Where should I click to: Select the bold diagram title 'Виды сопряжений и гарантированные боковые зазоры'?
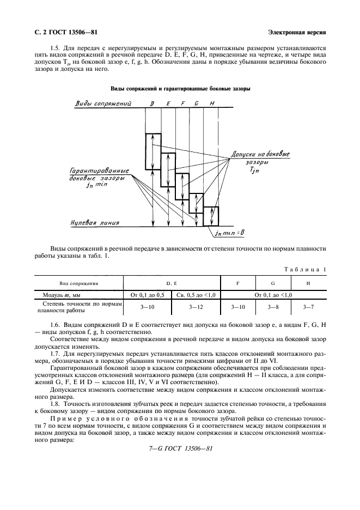180,88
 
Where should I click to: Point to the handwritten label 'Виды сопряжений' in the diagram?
101,104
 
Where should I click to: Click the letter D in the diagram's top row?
152,104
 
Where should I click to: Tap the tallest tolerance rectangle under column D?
153,151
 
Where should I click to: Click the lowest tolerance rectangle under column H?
211,216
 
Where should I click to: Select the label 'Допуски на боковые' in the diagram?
260,154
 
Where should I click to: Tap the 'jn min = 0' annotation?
230,233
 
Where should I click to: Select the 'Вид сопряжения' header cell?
79,284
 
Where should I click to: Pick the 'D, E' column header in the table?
172,284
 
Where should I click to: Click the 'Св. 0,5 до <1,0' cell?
196,295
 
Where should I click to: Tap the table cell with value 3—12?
196,307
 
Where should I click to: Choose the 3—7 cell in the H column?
308,307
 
